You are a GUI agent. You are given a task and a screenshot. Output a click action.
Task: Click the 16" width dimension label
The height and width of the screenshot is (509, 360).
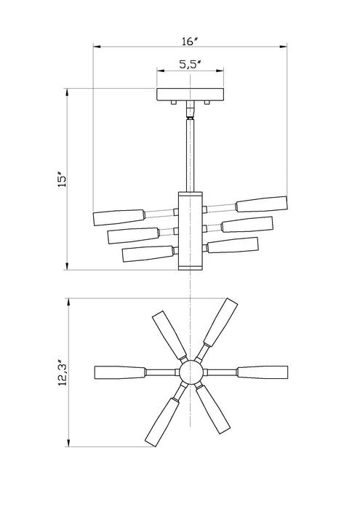tap(191, 41)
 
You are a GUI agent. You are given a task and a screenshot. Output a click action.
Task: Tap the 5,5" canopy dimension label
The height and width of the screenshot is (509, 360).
tap(190, 65)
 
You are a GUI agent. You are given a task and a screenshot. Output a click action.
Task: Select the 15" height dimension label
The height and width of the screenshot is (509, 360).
tap(62, 179)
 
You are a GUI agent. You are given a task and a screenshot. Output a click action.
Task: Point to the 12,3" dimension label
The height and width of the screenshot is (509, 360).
tap(63, 372)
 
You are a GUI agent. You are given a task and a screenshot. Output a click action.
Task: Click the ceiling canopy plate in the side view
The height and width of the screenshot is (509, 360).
tap(191, 95)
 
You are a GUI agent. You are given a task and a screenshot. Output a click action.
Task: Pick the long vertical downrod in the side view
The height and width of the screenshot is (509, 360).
tap(190, 156)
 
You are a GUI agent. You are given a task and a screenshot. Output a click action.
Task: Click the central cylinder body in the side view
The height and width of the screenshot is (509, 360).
tap(191, 231)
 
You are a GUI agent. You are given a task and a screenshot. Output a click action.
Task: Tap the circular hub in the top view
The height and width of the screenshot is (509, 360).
tap(191, 372)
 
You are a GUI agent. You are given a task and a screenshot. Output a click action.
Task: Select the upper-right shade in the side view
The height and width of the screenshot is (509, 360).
tap(262, 204)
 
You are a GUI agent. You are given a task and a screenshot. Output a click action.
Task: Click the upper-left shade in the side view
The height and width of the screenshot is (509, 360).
tap(119, 217)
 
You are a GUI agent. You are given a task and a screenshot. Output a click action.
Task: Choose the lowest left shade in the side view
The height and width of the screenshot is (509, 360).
tap(148, 254)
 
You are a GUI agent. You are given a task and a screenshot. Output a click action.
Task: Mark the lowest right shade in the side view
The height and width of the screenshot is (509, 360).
tap(233, 245)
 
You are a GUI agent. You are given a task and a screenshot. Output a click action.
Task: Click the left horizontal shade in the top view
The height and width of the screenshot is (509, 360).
tap(120, 372)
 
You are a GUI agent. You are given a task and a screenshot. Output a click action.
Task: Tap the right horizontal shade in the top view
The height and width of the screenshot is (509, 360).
tap(263, 372)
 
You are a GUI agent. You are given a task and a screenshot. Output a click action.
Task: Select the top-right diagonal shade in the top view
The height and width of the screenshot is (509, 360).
tap(221, 322)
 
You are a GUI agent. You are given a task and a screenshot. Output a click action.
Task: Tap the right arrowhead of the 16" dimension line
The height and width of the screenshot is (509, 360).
tap(284, 47)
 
